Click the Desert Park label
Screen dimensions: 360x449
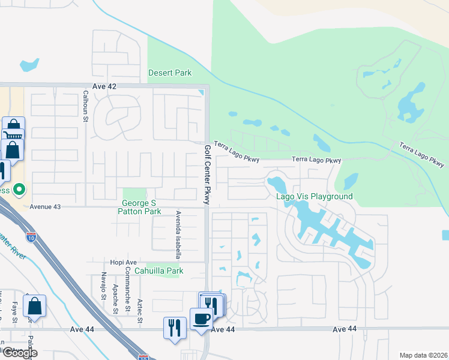click(170, 73)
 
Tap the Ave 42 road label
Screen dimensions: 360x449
click(104, 86)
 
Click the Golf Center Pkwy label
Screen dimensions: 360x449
click(207, 175)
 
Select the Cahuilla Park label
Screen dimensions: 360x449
click(158, 271)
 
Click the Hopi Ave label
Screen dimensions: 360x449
click(124, 262)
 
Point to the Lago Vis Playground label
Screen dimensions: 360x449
click(314, 196)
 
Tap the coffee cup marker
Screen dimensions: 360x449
click(201, 319)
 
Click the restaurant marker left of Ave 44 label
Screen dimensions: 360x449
click(174, 328)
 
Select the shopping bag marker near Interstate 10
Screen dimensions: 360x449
click(35, 306)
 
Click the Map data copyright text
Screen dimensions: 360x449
click(423, 355)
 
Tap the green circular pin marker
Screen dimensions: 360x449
click(19, 190)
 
